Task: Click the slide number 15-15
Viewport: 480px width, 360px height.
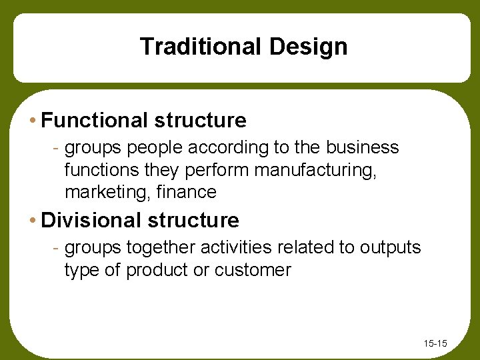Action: click(x=435, y=344)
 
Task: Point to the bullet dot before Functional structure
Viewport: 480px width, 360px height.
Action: click(x=33, y=121)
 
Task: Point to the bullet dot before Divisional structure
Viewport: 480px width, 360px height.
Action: click(x=33, y=221)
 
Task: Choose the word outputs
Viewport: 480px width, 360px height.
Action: click(x=391, y=247)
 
